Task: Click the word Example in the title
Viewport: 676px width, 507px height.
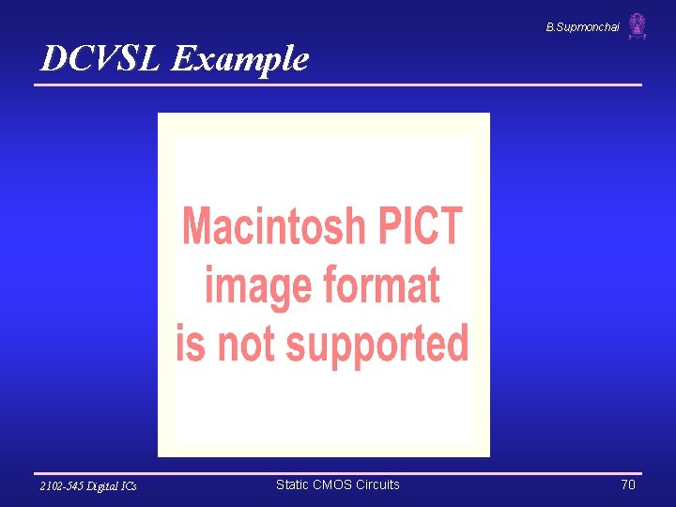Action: [x=240, y=59]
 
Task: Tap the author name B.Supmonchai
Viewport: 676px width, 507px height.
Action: [x=582, y=27]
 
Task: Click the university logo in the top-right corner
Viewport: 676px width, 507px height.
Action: [x=638, y=26]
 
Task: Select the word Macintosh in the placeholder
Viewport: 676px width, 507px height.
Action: [x=274, y=226]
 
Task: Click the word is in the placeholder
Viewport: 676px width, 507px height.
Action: [x=191, y=343]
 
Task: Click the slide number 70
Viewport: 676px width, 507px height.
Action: [x=628, y=484]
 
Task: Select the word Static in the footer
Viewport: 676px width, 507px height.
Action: [x=292, y=484]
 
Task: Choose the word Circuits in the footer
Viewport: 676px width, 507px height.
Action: [x=377, y=484]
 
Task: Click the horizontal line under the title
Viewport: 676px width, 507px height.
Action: [x=338, y=85]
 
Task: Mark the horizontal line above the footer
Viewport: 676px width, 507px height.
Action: [x=338, y=472]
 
